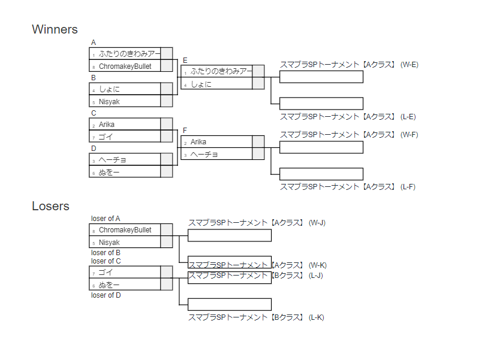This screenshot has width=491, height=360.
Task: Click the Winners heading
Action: coord(55,29)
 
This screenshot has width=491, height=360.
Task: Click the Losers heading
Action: coord(50,207)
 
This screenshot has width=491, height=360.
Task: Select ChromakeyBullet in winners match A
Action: coord(125,66)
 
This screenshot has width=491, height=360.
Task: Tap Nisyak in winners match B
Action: coord(109,102)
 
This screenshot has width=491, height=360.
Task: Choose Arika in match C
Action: coord(107,125)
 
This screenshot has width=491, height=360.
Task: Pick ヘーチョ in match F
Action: coord(204,155)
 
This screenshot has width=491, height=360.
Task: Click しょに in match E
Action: coord(201,84)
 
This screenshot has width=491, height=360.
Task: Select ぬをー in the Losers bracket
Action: coord(109,285)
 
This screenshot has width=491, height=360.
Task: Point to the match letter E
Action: coord(185,60)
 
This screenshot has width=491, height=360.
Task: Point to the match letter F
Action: coord(185,131)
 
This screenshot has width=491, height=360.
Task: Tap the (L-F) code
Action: coord(408,187)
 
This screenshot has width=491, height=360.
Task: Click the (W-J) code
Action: coord(317,223)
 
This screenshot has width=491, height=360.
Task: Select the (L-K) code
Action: coord(317,317)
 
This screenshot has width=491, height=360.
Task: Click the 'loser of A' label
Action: coord(106,219)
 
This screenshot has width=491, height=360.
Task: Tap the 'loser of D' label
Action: coord(106,295)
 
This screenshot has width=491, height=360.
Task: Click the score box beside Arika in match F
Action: coord(258,142)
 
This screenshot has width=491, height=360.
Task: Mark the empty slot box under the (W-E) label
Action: coord(321,77)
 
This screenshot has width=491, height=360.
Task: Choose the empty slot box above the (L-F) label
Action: coord(321,174)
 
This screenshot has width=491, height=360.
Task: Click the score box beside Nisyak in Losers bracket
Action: coord(167,243)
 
